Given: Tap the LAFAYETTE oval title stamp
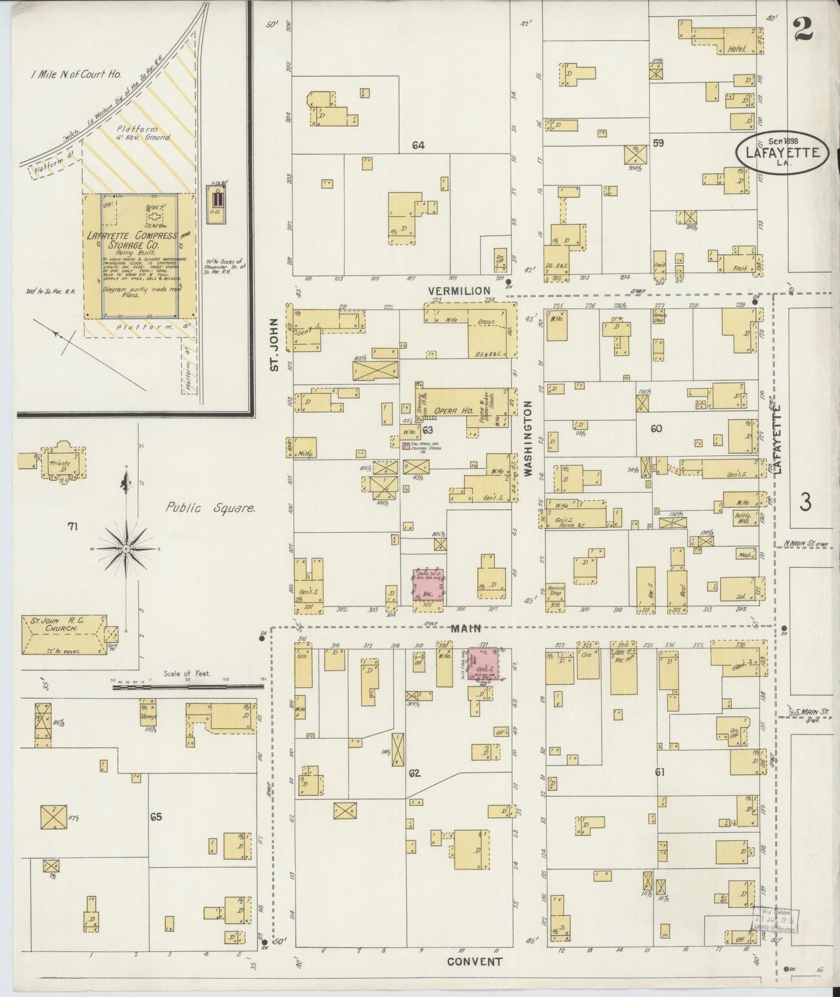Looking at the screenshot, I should [780, 152].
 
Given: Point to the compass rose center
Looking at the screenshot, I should [126, 549].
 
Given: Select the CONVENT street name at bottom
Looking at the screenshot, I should [474, 962].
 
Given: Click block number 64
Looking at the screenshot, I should [417, 145].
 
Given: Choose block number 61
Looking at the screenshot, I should [659, 772].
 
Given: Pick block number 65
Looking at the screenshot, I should [155, 817].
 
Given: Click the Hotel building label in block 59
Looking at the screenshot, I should [736, 50].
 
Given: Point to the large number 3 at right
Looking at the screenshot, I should [805, 501].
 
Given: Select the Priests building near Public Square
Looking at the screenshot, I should [60, 464].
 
